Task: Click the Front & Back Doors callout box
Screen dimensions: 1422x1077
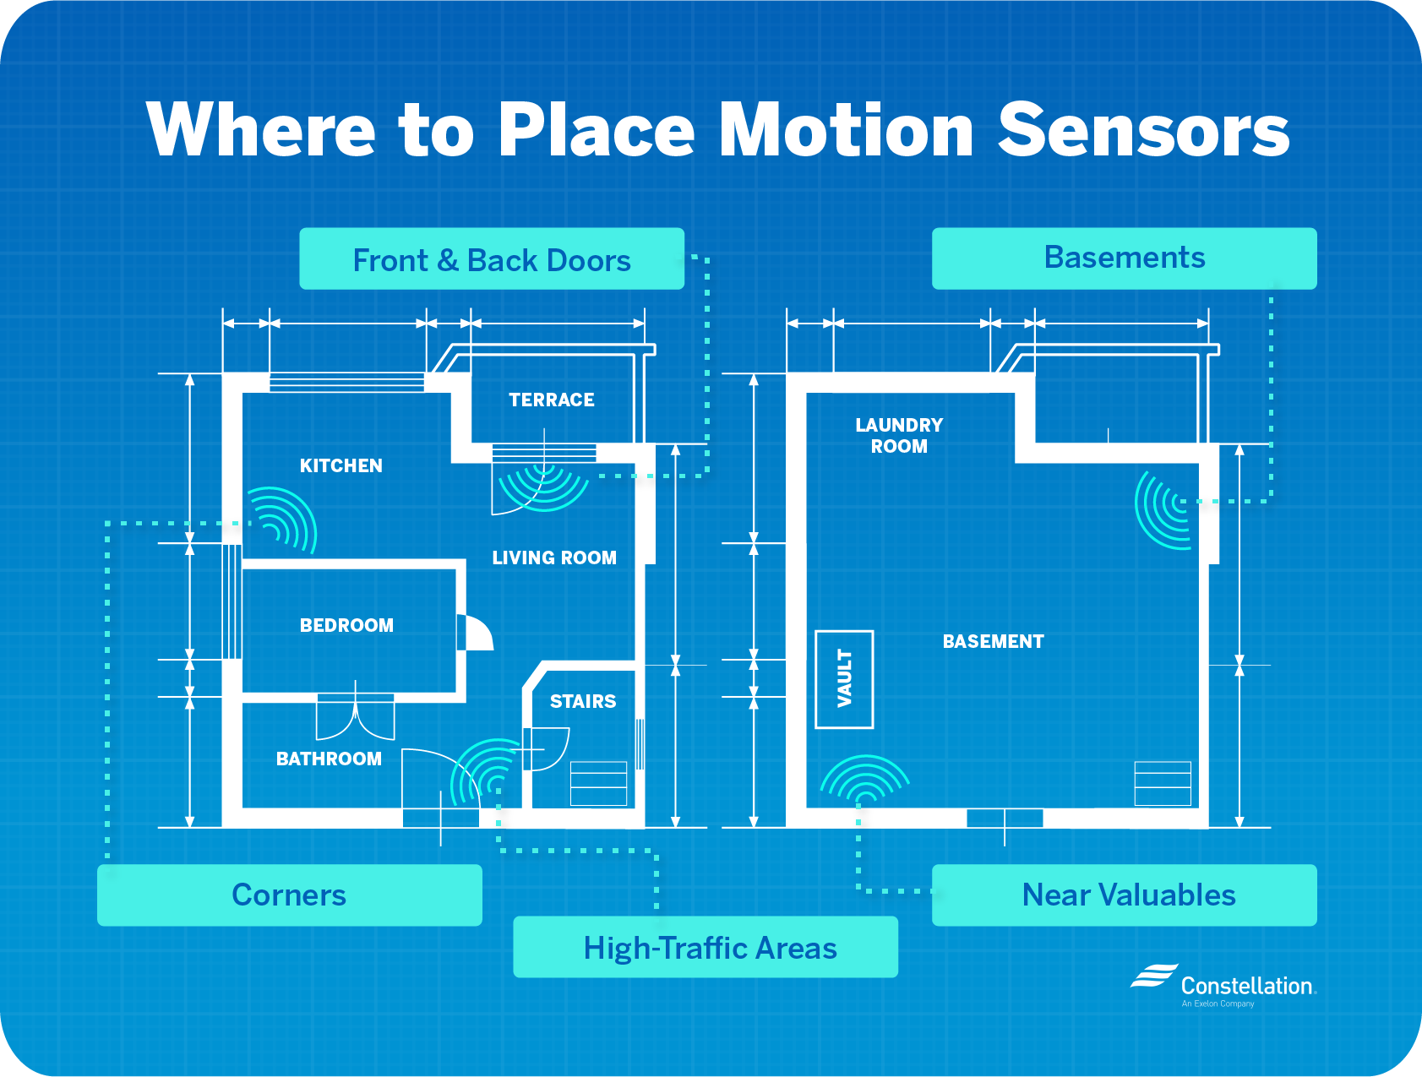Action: click(492, 258)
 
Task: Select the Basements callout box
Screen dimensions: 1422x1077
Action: click(1124, 258)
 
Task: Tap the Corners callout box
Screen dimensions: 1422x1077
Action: click(290, 895)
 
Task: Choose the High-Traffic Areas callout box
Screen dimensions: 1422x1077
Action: click(706, 947)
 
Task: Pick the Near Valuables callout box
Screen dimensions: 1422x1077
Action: click(1124, 895)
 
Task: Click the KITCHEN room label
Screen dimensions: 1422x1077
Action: click(341, 465)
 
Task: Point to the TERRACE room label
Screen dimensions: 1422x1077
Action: click(552, 400)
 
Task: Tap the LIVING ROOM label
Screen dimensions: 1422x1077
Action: click(554, 558)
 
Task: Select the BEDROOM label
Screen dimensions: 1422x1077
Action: click(346, 625)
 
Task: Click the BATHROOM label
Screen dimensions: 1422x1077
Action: click(329, 759)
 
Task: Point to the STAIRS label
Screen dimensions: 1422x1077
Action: click(583, 701)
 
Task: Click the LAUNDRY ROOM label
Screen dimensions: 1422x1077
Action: click(899, 435)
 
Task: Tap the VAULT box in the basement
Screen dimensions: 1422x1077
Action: click(844, 679)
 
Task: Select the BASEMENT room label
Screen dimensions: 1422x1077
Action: click(994, 641)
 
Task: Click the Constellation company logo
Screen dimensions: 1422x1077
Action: click(1223, 985)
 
